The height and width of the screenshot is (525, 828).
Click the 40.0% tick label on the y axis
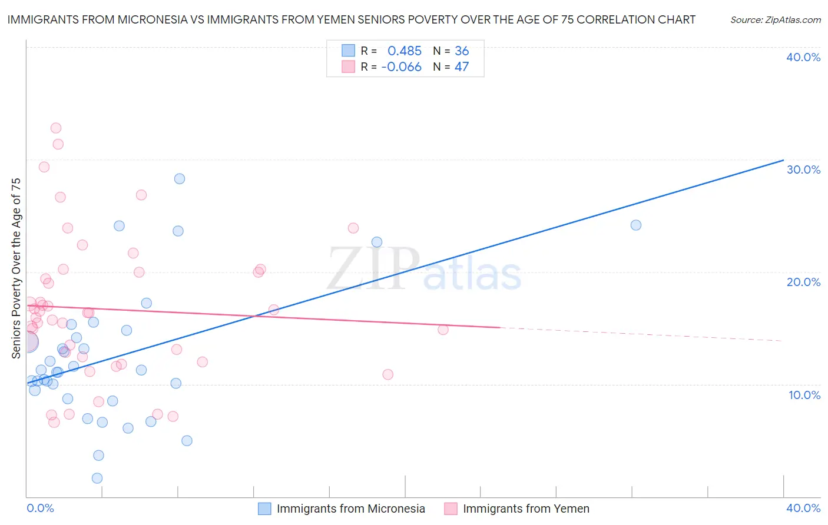pyautogui.click(x=803, y=57)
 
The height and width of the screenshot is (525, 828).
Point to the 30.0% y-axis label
pyautogui.click(x=803, y=170)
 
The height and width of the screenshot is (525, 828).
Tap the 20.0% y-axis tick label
pyautogui.click(x=803, y=282)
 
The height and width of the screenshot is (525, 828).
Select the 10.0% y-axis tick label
pyautogui.click(x=804, y=395)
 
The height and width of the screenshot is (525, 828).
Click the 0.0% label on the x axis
pyautogui.click(x=41, y=508)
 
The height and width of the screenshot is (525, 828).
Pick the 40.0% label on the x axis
pyautogui.click(x=803, y=508)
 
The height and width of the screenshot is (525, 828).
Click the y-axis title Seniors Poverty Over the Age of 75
pyautogui.click(x=16, y=268)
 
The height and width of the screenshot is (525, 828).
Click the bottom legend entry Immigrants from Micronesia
pyautogui.click(x=350, y=509)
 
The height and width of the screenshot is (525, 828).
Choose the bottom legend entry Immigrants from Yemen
pyautogui.click(x=525, y=509)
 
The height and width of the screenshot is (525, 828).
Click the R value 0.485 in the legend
pyautogui.click(x=405, y=51)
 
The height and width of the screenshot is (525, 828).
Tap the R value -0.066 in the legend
pyautogui.click(x=401, y=67)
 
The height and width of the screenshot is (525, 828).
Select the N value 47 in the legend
pyautogui.click(x=462, y=67)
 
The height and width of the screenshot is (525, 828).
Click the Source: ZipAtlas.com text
pyautogui.click(x=775, y=20)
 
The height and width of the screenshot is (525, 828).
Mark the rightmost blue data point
pyautogui.click(x=636, y=225)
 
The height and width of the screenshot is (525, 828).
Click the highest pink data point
pyautogui.click(x=56, y=128)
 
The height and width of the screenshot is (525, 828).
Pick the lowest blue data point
pyautogui.click(x=97, y=479)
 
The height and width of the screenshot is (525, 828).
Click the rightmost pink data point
pyautogui.click(x=443, y=330)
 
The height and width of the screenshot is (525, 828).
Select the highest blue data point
pyautogui.click(x=180, y=179)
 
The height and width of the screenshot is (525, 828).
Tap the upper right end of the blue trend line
pyautogui.click(x=783, y=160)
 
